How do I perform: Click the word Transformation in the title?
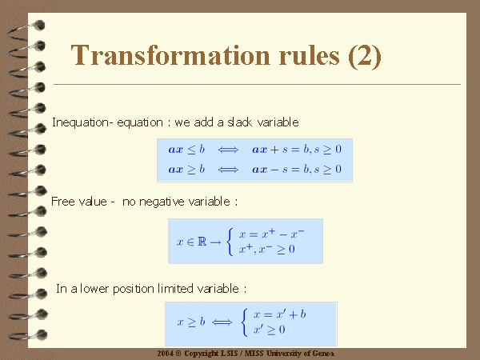[170, 55]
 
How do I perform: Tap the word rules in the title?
[309, 55]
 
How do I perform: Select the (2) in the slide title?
[365, 56]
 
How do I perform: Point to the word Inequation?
[80, 122]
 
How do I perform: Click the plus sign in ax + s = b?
[274, 150]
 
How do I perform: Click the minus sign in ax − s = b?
[274, 170]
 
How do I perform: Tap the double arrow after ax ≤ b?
[228, 150]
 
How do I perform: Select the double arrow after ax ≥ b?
[228, 170]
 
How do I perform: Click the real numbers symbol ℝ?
[202, 242]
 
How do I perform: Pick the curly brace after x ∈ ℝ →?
[230, 242]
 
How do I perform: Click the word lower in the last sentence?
[94, 289]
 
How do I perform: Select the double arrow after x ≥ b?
[222, 322]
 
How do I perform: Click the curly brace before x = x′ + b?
[244, 322]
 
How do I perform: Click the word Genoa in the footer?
[323, 354]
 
